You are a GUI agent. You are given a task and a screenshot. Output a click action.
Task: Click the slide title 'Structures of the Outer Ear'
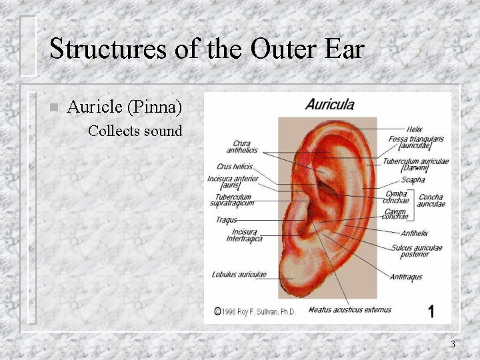207,50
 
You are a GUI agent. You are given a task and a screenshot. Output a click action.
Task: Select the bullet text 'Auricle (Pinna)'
125,107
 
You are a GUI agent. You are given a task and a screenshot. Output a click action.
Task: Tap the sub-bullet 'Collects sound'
135,131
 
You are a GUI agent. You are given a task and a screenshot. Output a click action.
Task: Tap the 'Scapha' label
413,180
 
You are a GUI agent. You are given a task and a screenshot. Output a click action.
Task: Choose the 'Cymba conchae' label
396,197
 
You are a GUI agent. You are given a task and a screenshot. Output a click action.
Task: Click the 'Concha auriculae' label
431,201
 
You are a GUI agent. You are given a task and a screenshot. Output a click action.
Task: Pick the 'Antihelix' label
415,233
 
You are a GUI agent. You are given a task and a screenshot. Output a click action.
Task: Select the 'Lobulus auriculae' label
239,274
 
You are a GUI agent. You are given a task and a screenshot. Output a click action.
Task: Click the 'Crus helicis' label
234,167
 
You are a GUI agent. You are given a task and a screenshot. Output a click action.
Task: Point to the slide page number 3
453,344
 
